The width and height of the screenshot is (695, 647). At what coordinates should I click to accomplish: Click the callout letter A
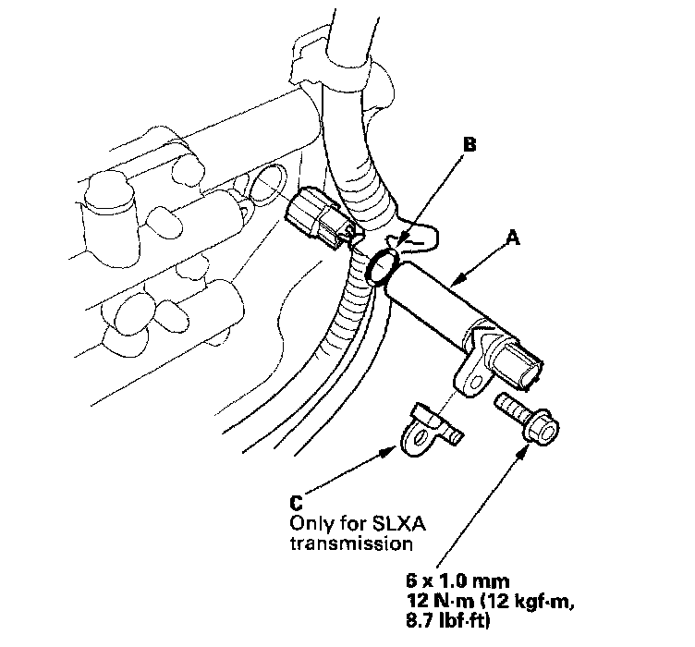[x=515, y=238]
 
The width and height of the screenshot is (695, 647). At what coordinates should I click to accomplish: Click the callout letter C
[x=295, y=503]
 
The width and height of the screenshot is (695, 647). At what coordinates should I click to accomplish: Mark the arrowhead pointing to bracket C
[x=392, y=451]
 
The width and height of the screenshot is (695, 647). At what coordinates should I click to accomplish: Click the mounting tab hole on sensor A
[x=470, y=376]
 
